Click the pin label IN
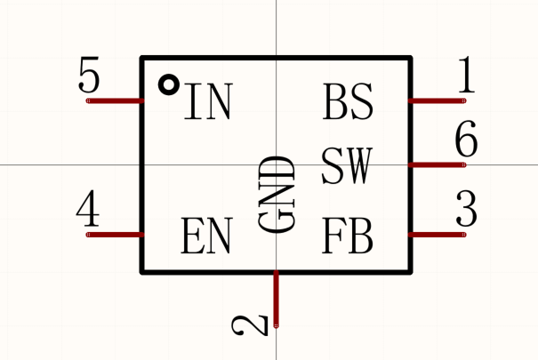(207, 103)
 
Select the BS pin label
(348, 103)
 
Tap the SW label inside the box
(347, 166)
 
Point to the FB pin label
(348, 236)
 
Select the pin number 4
(87, 212)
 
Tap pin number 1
(465, 77)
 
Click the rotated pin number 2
(252, 325)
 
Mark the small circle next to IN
(167, 84)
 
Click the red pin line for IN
(115, 100)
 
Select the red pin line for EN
(115, 235)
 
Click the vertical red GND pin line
(277, 299)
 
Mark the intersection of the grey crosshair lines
(277, 164)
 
